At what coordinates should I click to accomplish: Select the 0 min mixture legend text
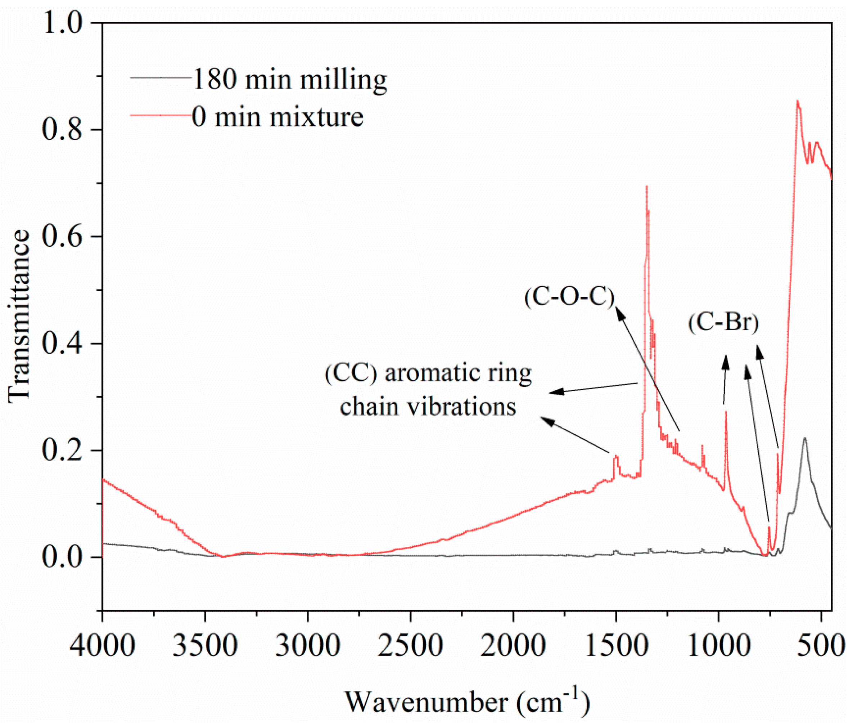pos(277,117)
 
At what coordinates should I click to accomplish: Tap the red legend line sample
pos(161,116)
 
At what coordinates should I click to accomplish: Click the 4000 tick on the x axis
pos(102,645)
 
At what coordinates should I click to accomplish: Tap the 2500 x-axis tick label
pos(410,645)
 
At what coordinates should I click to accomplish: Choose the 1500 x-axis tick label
pos(616,645)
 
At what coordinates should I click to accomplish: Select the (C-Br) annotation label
pos(723,322)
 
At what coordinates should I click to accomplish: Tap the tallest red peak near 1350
pos(646,187)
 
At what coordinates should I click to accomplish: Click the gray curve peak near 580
pos(804,439)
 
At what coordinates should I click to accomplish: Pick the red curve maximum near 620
pos(797,101)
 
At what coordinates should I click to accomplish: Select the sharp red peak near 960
pos(726,412)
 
